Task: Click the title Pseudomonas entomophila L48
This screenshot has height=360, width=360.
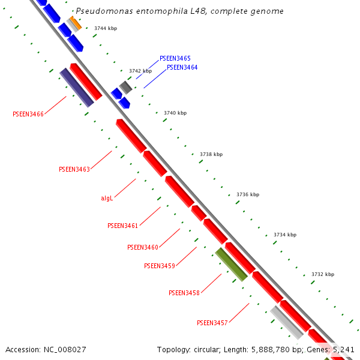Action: point(179,11)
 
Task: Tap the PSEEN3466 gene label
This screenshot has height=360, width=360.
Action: point(28,114)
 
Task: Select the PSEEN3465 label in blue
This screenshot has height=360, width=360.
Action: point(175,58)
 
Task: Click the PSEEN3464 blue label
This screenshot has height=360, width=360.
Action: point(182,67)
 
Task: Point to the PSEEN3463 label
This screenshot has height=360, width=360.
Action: point(74,169)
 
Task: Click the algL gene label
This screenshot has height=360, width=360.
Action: point(107,198)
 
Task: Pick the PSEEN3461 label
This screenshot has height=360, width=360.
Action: point(123,226)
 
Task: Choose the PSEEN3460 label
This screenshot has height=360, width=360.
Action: point(143,247)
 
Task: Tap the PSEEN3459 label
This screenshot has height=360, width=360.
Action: point(160,266)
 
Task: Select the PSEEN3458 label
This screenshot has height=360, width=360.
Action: point(184,293)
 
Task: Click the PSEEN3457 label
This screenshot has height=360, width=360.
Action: point(212,323)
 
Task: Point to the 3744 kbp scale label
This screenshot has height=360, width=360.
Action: point(106,28)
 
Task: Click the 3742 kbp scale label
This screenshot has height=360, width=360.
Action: point(140,71)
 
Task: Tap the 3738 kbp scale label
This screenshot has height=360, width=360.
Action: point(211,154)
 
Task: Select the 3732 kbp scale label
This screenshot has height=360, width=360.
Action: point(323,274)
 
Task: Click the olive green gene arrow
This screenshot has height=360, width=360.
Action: point(232,265)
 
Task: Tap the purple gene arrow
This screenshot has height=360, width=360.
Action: point(77,88)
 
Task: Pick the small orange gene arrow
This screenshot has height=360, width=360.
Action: point(76,23)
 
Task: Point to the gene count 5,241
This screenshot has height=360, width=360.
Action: point(343,349)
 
